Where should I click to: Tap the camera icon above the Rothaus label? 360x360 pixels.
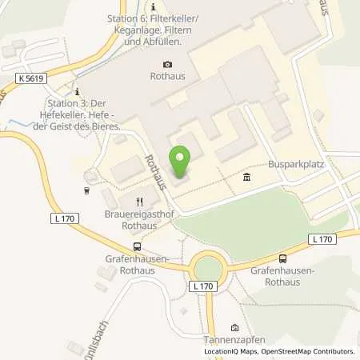coord(167,65)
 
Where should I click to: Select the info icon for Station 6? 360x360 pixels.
coord(153,7)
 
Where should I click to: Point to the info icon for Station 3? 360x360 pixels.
coord(77,93)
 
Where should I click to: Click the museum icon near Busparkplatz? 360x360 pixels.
coord(244,178)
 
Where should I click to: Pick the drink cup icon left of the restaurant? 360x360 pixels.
coord(86,190)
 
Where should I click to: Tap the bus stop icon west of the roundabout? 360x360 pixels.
coord(137,246)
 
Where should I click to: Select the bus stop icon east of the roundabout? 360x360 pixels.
coord(282,258)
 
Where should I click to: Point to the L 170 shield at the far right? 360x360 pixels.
coord(322,238)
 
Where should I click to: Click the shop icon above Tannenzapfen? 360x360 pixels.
coord(234,327)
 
